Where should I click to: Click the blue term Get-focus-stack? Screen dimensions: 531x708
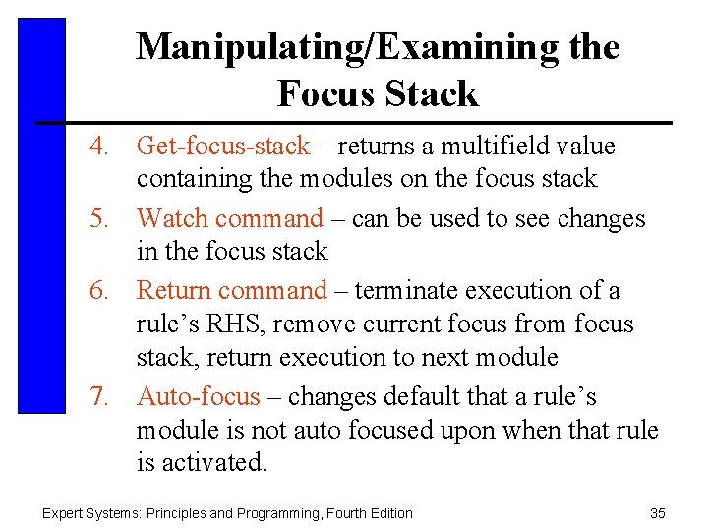pyautogui.click(x=223, y=147)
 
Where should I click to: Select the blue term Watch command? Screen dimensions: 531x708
pyautogui.click(x=229, y=218)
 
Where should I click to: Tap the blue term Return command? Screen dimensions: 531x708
pyautogui.click(x=231, y=291)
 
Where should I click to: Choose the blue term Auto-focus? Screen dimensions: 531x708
pyautogui.click(x=199, y=397)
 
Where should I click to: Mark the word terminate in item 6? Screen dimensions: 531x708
pyautogui.click(x=401, y=291)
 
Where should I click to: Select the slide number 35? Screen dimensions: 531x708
pyautogui.click(x=658, y=513)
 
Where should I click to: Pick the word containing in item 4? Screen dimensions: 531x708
pyautogui.click(x=193, y=179)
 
